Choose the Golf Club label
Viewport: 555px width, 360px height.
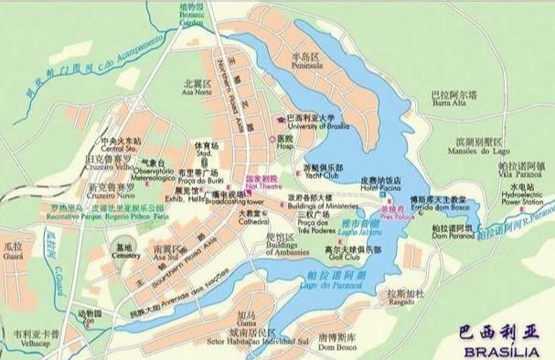click(x=356, y=255)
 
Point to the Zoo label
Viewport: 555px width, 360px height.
click(x=89, y=319)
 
